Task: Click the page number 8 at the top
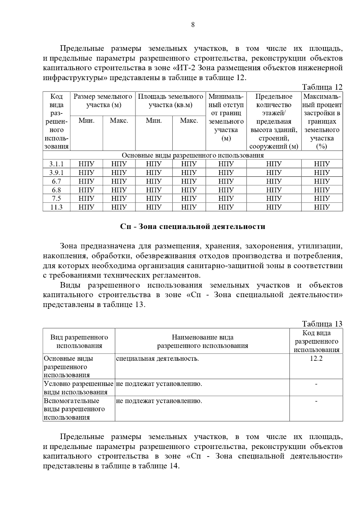coord(193,25)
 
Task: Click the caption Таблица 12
coord(322,87)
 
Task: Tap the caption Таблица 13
coord(322,324)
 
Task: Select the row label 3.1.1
coord(56,164)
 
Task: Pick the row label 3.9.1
coord(56,173)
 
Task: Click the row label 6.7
coord(56,181)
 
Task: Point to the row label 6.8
coord(56,190)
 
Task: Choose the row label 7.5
coord(56,198)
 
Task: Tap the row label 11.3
coord(56,207)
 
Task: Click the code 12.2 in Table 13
coord(316,359)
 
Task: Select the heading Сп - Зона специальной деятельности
coord(193,227)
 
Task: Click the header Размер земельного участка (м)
coord(103,101)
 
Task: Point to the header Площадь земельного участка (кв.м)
coord(170,101)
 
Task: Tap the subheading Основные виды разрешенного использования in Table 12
coord(193,155)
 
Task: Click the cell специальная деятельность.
coord(157,359)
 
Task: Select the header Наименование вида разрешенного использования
coord(202,342)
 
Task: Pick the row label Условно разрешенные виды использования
coord(79,388)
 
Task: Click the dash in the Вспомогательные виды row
coord(316,401)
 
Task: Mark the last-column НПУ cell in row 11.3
coord(322,207)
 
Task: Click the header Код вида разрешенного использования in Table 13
coord(316,342)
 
